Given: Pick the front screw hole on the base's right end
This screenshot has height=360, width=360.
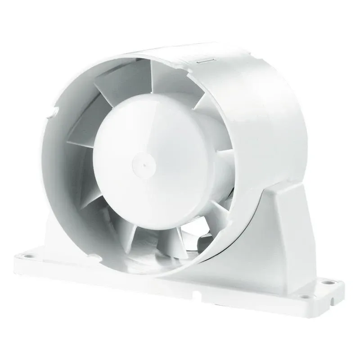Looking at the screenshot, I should (307, 297).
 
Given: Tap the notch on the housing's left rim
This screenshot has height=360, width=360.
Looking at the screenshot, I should (54, 109).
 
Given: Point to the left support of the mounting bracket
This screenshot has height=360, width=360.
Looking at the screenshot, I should (54, 234).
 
